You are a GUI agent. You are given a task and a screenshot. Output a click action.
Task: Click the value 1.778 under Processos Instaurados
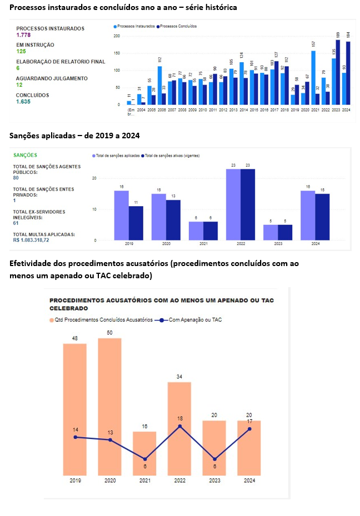(23, 35)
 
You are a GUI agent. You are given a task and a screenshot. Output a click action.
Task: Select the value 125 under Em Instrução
(21, 51)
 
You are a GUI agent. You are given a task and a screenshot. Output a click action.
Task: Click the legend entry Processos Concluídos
(177, 26)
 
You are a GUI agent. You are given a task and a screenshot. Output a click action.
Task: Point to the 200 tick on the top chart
(116, 36)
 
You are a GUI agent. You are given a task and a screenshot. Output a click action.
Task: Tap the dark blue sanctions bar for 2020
(173, 220)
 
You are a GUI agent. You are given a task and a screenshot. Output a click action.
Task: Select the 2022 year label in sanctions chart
(241, 244)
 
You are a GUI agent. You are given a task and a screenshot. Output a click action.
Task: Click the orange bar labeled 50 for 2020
(109, 405)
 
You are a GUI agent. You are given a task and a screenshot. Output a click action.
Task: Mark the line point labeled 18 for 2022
(179, 426)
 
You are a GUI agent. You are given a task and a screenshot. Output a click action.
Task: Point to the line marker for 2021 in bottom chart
(144, 459)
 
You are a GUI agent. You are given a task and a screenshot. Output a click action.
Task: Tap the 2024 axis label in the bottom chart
(249, 480)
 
